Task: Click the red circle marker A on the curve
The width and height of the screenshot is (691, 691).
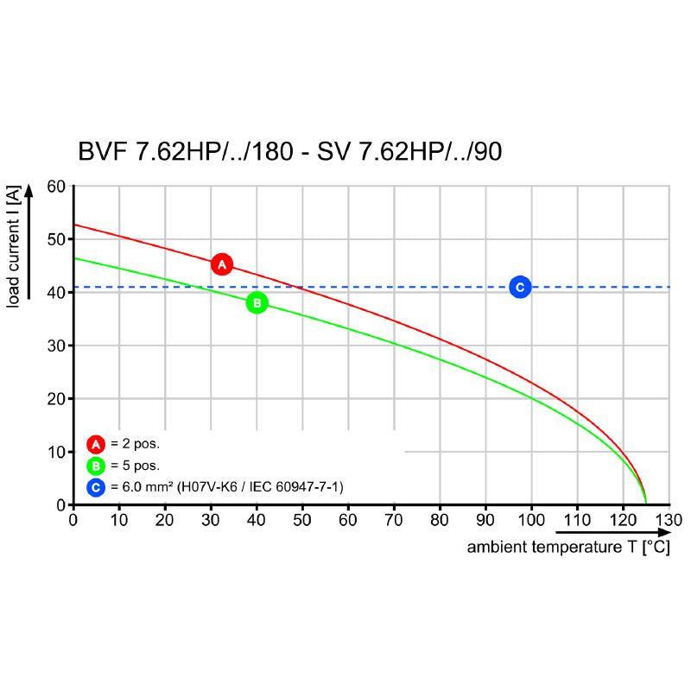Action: [222, 264]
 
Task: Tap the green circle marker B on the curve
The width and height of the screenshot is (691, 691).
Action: [257, 302]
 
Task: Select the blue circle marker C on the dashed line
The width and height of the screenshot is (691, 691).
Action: [520, 287]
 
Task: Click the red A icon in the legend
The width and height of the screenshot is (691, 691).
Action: [95, 445]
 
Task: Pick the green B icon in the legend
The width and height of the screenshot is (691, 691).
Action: [95, 466]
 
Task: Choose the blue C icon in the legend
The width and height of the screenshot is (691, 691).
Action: [95, 488]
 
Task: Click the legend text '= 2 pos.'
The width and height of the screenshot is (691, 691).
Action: [135, 445]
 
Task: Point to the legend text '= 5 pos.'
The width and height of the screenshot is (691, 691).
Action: [135, 466]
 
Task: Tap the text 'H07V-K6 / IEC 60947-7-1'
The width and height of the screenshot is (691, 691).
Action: [268, 488]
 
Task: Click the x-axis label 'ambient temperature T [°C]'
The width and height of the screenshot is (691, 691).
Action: [568, 548]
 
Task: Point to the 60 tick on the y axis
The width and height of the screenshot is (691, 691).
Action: [56, 186]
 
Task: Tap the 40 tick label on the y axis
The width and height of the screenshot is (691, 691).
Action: [56, 292]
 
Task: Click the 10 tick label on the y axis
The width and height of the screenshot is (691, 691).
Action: [56, 452]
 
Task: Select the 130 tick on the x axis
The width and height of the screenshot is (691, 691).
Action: [669, 521]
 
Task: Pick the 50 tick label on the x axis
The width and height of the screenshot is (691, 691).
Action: [302, 521]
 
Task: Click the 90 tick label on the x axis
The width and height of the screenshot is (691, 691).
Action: [485, 521]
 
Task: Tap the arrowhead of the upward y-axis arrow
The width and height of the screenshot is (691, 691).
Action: [31, 190]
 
